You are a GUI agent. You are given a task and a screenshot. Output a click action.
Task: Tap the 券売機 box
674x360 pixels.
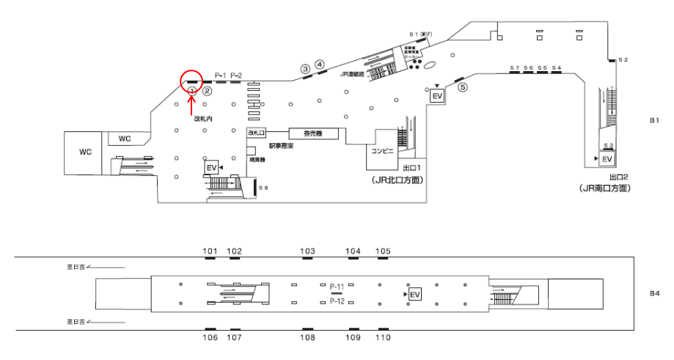click(306, 133)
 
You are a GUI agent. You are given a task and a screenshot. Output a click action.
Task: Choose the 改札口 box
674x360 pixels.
click(255, 133)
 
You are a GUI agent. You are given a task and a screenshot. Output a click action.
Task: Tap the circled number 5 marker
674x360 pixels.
click(462, 87)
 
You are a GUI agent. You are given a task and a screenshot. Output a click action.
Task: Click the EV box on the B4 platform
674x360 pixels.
click(414, 294)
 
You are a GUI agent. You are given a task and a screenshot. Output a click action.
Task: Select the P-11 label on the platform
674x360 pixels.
click(337, 286)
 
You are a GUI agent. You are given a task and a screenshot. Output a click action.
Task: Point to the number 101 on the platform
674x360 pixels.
click(210, 251)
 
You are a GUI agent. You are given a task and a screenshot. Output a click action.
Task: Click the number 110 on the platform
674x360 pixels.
click(383, 337)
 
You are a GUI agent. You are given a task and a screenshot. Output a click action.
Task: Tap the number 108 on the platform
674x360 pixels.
click(307, 337)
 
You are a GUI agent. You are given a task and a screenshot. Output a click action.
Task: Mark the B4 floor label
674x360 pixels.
click(655, 293)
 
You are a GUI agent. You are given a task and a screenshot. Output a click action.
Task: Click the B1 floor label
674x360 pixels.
click(655, 120)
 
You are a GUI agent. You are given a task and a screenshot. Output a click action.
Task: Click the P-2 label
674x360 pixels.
click(236, 76)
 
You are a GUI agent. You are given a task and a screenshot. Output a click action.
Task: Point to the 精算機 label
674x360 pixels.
click(257, 158)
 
